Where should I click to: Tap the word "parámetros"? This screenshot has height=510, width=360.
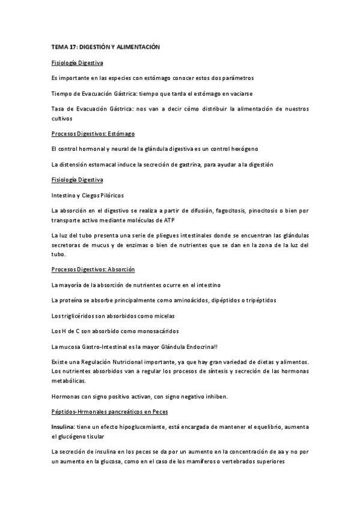click(x=237, y=78)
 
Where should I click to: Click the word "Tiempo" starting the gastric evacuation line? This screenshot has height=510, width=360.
click(x=63, y=93)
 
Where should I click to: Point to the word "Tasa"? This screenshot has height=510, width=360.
click(x=58, y=109)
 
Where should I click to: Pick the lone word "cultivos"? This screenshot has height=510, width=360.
click(x=62, y=118)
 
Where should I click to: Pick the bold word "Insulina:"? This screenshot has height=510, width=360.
click(x=63, y=426)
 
